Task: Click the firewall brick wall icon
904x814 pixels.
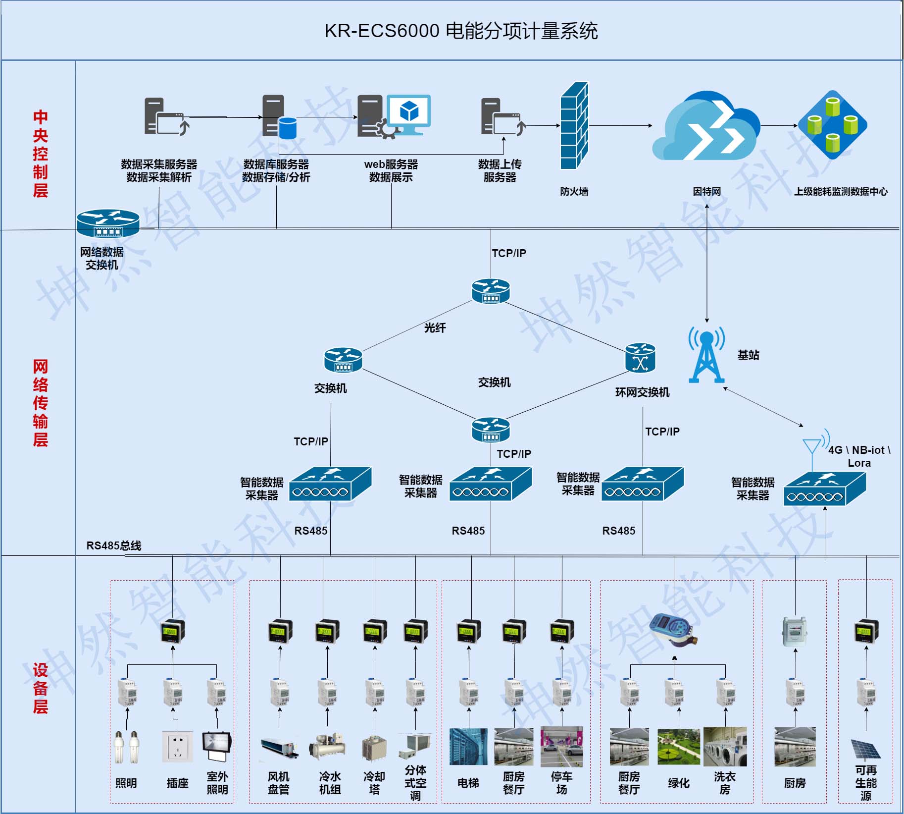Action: click(x=574, y=126)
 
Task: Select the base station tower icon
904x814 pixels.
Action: click(x=706, y=355)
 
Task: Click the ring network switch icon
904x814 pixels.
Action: click(x=640, y=358)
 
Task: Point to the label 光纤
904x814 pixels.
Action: click(x=435, y=327)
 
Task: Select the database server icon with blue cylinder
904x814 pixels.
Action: click(x=279, y=117)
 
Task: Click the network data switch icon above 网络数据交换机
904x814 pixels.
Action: click(x=108, y=223)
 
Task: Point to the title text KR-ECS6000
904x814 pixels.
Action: click(x=382, y=31)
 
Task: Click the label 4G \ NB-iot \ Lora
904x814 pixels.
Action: click(x=859, y=456)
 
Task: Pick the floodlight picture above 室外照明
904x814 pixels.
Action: click(x=217, y=746)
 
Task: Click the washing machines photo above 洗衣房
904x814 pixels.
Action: click(x=725, y=747)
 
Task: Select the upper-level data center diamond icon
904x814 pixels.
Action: click(x=832, y=125)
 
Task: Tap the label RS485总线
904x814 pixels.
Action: click(x=114, y=545)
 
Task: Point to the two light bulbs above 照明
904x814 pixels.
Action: click(x=127, y=747)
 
